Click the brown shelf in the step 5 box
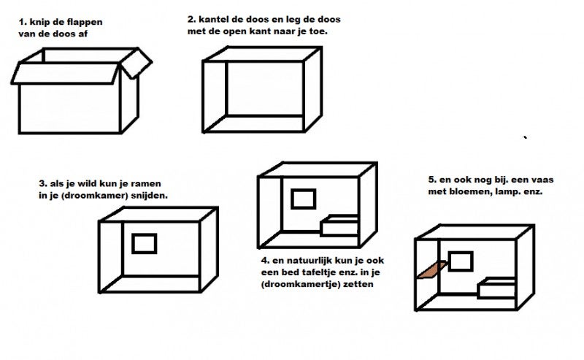(432, 269)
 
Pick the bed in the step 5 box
(496, 288)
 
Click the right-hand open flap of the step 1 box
(136, 63)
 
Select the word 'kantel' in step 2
(212, 20)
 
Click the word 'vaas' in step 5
(542, 180)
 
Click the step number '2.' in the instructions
(191, 20)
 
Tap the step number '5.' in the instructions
(432, 180)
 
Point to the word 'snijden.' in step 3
(150, 196)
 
